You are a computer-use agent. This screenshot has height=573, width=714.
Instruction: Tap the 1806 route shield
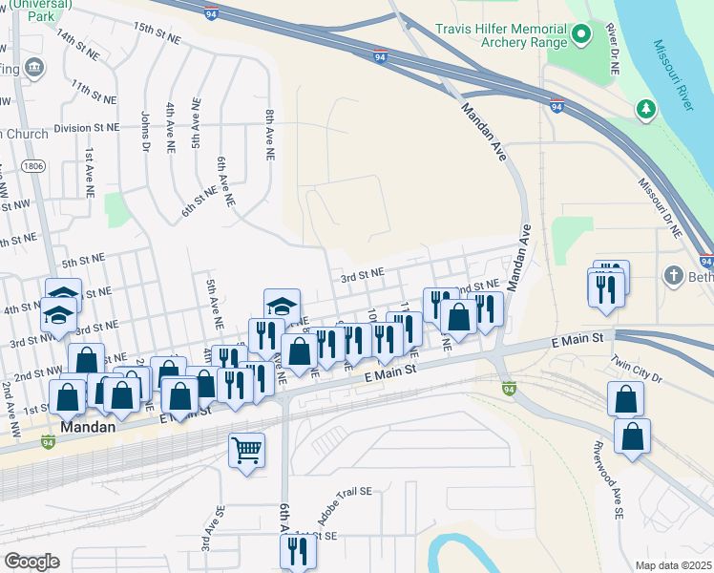click(x=33, y=166)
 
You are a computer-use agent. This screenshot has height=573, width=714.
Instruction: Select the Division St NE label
click(x=87, y=127)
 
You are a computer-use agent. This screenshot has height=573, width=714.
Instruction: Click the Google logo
click(x=31, y=562)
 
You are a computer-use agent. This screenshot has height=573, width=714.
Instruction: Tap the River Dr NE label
click(x=613, y=50)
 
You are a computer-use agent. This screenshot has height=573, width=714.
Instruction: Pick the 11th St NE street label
click(x=93, y=92)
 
